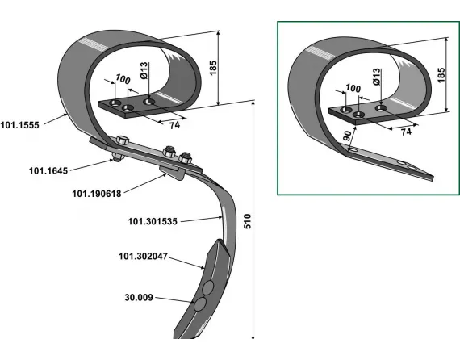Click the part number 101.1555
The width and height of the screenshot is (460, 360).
pos(20,125)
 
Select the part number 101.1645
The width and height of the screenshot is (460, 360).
pos(48,171)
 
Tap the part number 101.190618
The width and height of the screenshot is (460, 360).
pos(97,194)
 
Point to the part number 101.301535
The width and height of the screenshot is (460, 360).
pos(153,221)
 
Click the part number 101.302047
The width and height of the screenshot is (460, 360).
pos(143,256)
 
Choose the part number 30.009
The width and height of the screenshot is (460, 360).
pos(139,298)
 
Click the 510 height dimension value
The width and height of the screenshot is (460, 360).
pos(248,221)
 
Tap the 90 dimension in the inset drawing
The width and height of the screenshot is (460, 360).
pos(347,136)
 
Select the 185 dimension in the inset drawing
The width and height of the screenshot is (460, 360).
pos(441,75)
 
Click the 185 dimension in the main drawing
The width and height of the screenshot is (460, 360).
pos(213,68)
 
